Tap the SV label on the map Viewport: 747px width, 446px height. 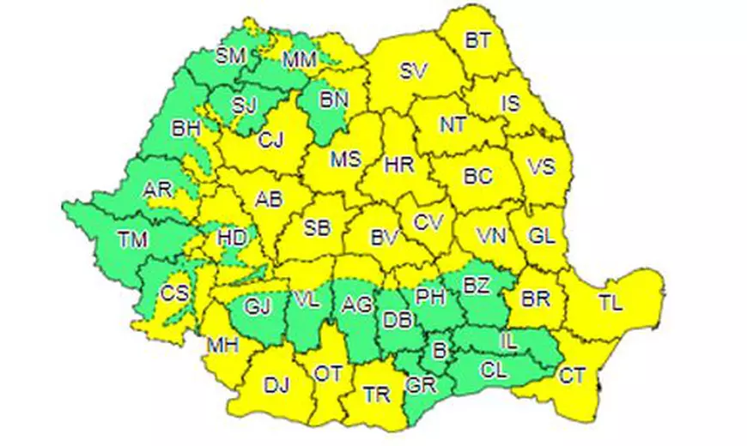click(413, 72)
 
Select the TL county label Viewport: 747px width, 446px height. click(611, 302)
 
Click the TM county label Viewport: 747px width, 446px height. click(133, 242)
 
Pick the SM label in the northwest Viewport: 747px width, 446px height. click(231, 57)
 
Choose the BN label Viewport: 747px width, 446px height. click(335, 100)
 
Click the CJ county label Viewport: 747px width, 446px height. click(271, 138)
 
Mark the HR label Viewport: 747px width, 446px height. click(400, 163)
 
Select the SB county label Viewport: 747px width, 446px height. click(318, 228)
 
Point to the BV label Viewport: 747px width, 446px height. click(384, 239)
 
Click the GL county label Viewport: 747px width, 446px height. click(539, 235)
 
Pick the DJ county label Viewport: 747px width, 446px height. click(276, 385)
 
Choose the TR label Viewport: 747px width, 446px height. click(376, 395)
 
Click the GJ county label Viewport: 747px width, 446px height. click(258, 305)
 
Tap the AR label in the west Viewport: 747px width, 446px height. click(158, 190)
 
